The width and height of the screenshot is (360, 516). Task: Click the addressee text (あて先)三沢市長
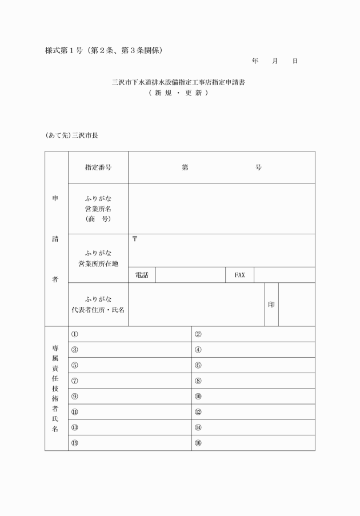(x=71, y=136)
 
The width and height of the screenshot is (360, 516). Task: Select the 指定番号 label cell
(x=98, y=167)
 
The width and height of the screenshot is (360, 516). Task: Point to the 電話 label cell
(x=142, y=275)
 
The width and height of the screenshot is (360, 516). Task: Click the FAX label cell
(x=239, y=275)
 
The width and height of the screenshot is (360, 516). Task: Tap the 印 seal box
(x=271, y=305)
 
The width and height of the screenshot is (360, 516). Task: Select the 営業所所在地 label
(x=98, y=263)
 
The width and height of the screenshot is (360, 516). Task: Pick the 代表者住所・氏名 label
(x=98, y=309)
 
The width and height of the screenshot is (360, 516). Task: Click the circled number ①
(x=74, y=334)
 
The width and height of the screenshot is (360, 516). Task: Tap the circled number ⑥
(x=198, y=365)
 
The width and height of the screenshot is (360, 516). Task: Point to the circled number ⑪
(x=74, y=411)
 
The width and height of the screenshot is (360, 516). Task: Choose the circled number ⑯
(x=198, y=443)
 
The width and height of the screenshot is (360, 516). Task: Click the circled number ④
(x=198, y=350)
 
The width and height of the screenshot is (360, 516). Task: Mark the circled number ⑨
(x=74, y=396)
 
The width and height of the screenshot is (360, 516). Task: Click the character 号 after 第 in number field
(x=258, y=167)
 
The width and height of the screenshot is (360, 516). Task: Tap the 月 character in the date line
(x=275, y=61)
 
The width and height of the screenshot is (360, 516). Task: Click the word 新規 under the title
(x=164, y=93)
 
